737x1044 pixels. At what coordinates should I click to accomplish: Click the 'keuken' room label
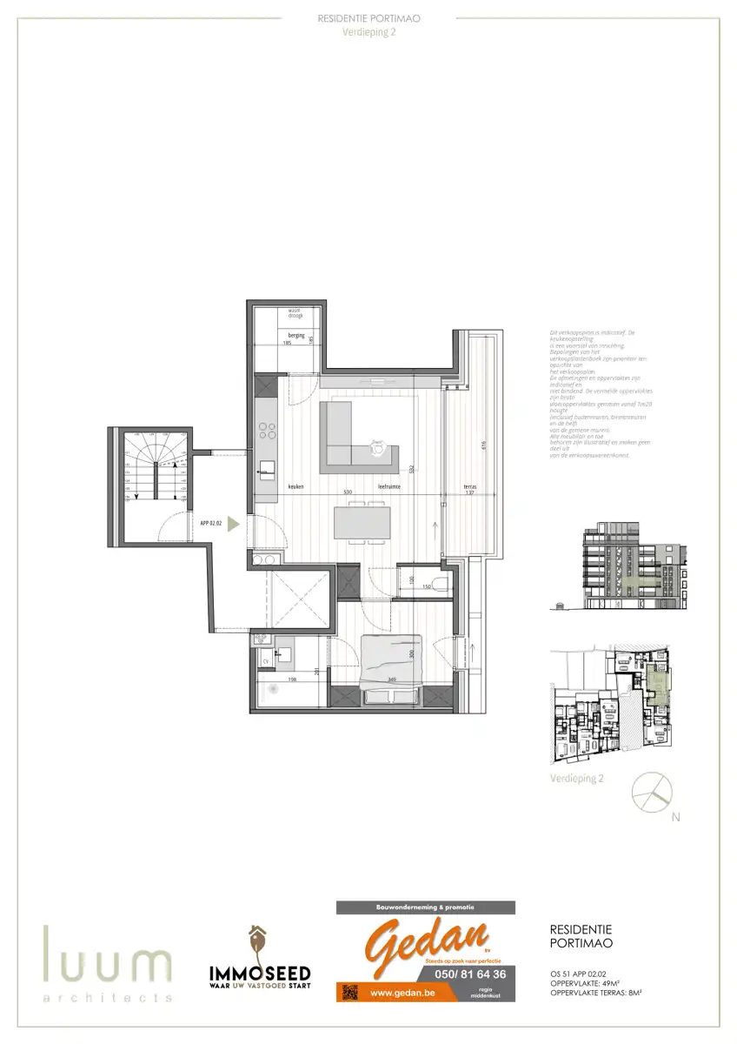coord(296,487)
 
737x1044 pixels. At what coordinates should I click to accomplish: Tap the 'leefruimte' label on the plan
coord(388,487)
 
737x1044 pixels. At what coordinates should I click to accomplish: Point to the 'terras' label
coord(471,487)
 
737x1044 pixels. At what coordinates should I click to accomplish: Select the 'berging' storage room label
coord(295,333)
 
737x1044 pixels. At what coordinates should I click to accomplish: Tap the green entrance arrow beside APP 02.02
coord(233,524)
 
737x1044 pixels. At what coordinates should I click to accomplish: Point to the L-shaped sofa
coord(352,439)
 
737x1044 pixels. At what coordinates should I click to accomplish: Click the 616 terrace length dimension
coord(482,445)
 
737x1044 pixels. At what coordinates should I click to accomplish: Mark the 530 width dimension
coord(348,493)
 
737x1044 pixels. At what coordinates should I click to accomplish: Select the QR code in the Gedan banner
coord(351,992)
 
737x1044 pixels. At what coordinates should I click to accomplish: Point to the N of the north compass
coord(676,817)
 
